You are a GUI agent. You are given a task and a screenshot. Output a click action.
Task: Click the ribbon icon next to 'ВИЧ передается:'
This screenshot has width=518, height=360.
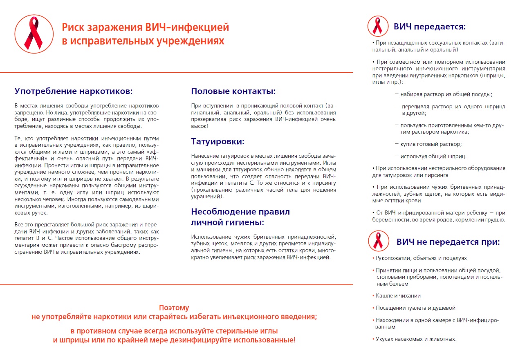[x=378, y=27]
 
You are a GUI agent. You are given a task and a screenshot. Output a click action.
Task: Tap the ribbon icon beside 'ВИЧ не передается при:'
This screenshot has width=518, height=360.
[x=379, y=241]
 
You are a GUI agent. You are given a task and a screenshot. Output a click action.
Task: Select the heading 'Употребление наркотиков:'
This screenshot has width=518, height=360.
[x=74, y=91]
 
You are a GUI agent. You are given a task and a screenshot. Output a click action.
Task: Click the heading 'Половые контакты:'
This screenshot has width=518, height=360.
[x=233, y=91]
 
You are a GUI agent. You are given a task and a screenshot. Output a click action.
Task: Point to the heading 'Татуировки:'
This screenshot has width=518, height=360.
[x=218, y=142]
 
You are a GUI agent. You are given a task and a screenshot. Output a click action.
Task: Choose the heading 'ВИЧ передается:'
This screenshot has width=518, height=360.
[x=430, y=27]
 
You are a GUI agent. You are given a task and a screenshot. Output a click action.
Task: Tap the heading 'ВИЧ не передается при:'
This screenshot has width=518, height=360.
[x=448, y=241]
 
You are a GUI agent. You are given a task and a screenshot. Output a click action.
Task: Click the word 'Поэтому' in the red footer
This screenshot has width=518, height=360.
[x=174, y=308]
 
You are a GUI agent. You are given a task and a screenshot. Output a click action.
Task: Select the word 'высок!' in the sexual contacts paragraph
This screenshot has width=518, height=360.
[x=200, y=126]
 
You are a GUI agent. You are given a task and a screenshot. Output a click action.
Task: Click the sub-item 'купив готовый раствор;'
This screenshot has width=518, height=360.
[x=431, y=144]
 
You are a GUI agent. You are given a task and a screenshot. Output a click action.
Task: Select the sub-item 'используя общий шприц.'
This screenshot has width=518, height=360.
[x=433, y=156]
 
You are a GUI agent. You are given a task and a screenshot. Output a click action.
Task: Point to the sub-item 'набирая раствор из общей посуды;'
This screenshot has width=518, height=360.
[x=446, y=94]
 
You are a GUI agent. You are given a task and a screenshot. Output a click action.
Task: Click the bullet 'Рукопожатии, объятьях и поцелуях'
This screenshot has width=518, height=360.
[x=421, y=258]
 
